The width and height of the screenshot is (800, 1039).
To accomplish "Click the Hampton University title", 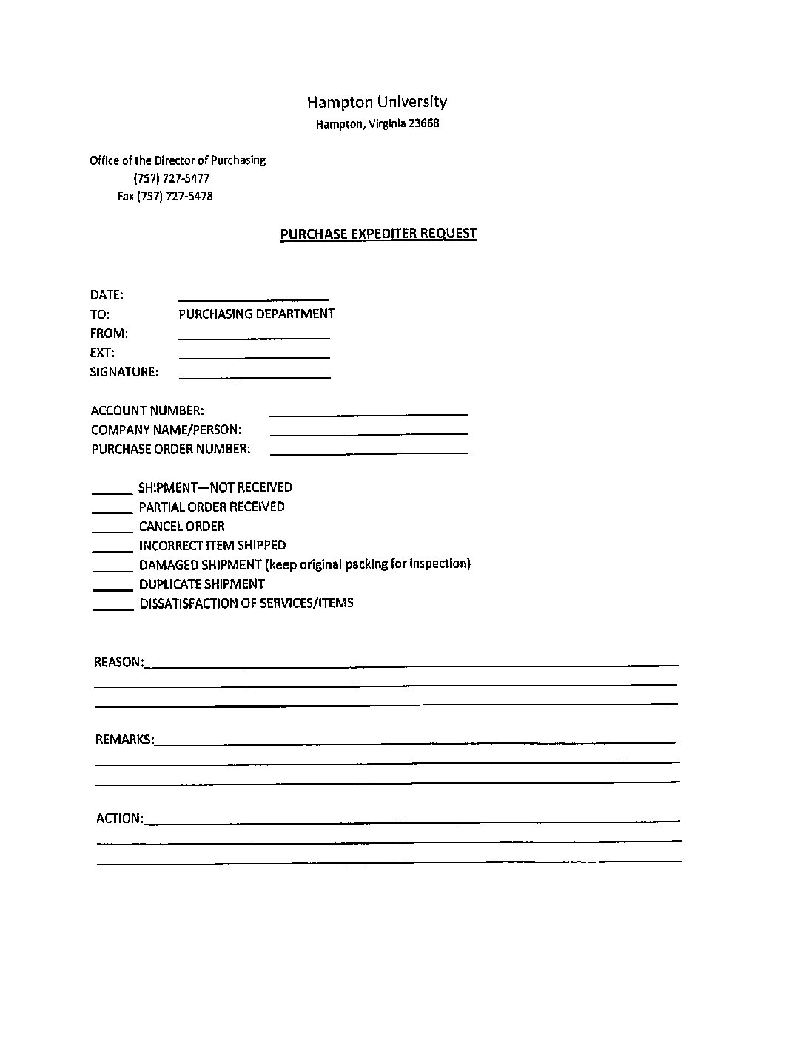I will (x=377, y=102).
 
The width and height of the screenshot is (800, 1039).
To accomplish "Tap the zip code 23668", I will (x=424, y=123).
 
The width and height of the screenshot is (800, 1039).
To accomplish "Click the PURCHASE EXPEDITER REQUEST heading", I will (x=378, y=234).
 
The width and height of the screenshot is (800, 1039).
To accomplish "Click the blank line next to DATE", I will (x=254, y=296).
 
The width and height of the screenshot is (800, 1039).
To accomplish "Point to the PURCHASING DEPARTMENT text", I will (x=256, y=314).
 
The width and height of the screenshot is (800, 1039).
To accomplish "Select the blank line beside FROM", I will (x=254, y=335).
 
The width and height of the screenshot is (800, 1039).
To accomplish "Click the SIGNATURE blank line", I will (x=255, y=374).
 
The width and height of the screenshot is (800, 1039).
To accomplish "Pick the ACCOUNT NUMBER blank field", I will (x=369, y=411).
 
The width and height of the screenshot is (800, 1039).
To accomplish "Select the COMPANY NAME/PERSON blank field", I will (x=369, y=430).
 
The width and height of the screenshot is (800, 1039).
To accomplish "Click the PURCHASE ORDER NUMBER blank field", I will (x=369, y=450).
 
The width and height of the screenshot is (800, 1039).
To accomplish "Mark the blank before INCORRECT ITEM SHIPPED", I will (x=112, y=548).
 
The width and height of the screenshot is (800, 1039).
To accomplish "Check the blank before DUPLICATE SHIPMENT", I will (x=112, y=586).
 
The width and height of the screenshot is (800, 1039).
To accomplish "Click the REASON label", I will (x=118, y=662).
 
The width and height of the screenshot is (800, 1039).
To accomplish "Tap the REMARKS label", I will (x=124, y=739).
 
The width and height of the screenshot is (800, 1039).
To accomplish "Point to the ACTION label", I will (x=119, y=818).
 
